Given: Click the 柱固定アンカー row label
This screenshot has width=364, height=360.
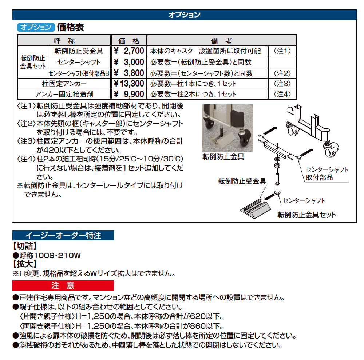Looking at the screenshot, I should tap(64, 84).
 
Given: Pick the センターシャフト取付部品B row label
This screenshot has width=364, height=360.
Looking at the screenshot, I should tap(79, 73).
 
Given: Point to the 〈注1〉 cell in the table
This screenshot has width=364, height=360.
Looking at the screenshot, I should tap(282, 51).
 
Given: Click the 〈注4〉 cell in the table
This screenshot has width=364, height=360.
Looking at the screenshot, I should tap(282, 94).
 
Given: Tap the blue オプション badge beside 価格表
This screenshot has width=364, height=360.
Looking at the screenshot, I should tap(36, 27).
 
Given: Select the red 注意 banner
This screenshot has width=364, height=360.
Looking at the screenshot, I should tap(63, 285).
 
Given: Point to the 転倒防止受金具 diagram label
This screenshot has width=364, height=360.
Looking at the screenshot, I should tap(242, 181).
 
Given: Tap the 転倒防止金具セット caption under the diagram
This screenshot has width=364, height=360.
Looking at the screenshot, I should tap(306, 215).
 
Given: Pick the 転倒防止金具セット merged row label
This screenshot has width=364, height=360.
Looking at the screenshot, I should tap(32, 62).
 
